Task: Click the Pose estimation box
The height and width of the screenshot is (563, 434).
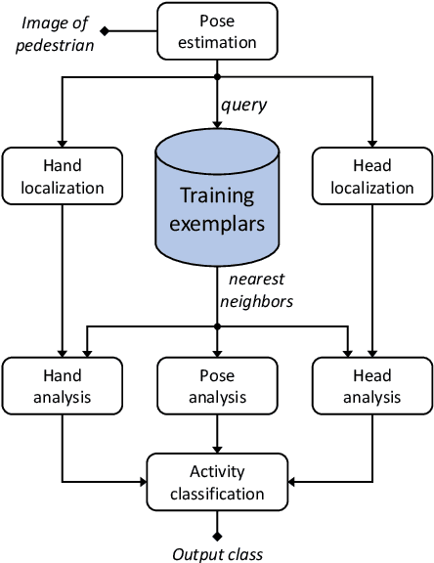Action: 217,31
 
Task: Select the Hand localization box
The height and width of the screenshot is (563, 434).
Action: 63,176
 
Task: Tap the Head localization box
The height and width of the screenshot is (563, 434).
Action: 371,176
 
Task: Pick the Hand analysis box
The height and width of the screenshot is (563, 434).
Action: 63,385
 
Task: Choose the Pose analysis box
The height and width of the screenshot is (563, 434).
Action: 217,385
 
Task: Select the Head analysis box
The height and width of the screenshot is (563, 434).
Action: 371,385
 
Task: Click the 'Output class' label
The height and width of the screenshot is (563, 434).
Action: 217,554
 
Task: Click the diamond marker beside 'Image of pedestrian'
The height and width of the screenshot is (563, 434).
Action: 105,31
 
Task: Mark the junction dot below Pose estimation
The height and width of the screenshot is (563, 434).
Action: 217,76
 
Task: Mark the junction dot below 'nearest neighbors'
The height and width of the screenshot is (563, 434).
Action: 217,325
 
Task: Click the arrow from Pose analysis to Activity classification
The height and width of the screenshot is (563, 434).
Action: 217,432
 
